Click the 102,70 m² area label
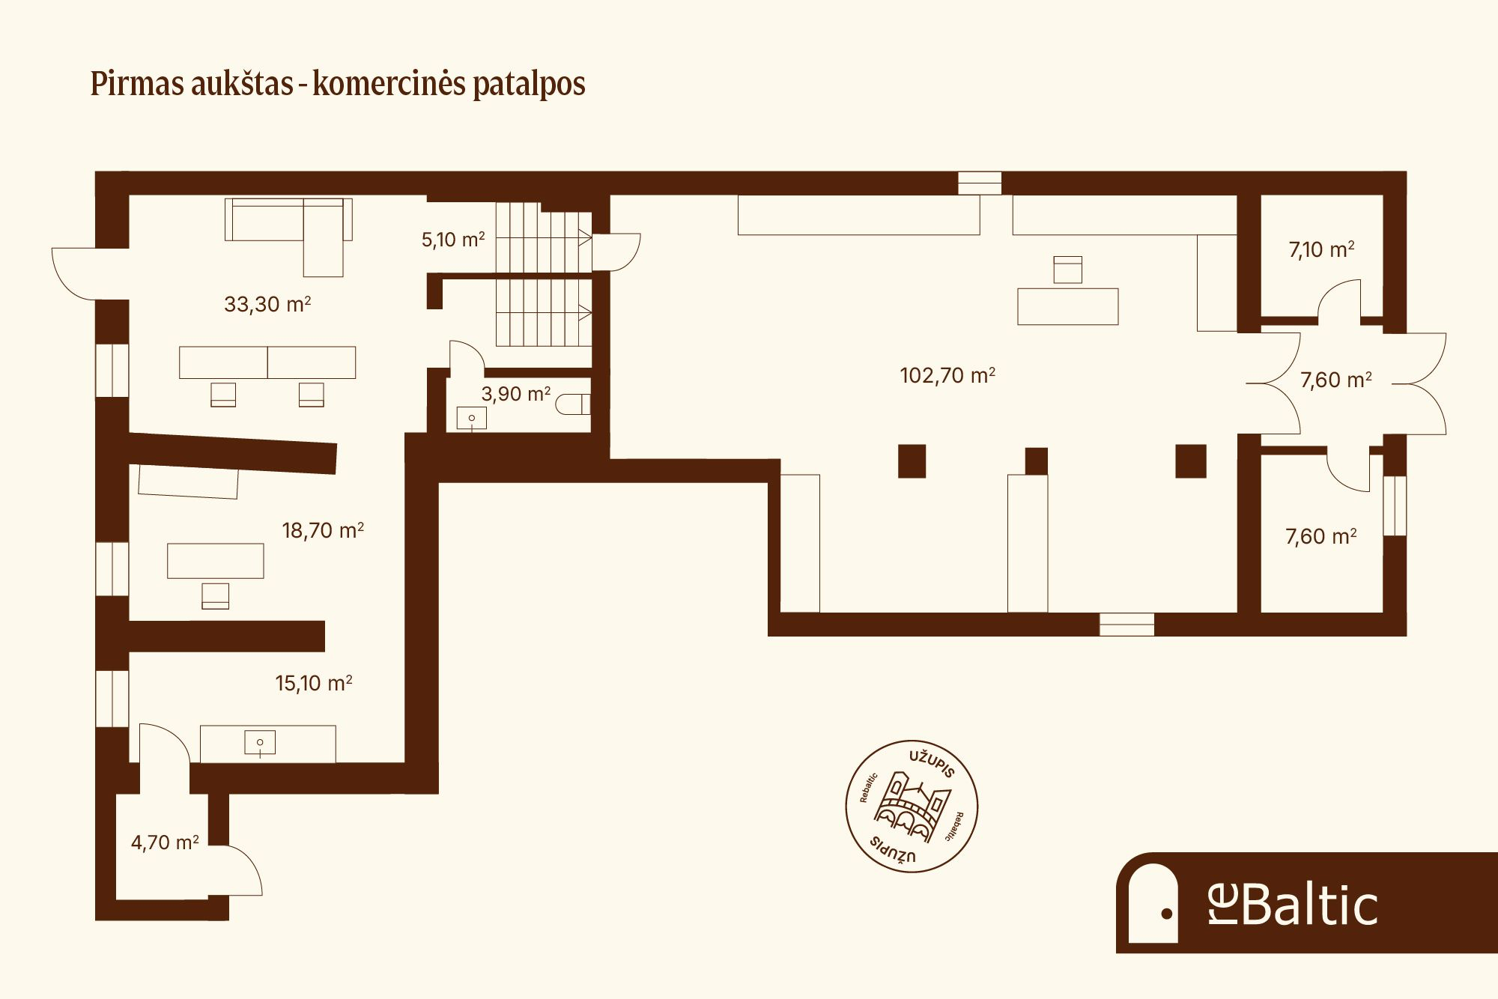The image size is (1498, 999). [x=947, y=375]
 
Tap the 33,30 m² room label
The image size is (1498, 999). [x=267, y=304]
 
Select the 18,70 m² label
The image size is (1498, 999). [x=323, y=530]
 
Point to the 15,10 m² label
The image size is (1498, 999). [x=314, y=683]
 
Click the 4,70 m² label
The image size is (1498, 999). [x=165, y=842]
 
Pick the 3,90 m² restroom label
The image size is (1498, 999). [x=515, y=394]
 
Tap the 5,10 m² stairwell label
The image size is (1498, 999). [x=453, y=240]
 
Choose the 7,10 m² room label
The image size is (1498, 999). [x=1321, y=249]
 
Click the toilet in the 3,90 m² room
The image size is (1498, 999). [x=574, y=404]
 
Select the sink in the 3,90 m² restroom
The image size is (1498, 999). [x=472, y=418]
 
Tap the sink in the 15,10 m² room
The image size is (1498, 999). [x=260, y=742]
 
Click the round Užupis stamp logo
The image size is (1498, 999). [x=912, y=807]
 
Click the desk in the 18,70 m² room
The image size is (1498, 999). [x=215, y=561]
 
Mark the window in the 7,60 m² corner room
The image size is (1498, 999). [x=1395, y=505]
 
